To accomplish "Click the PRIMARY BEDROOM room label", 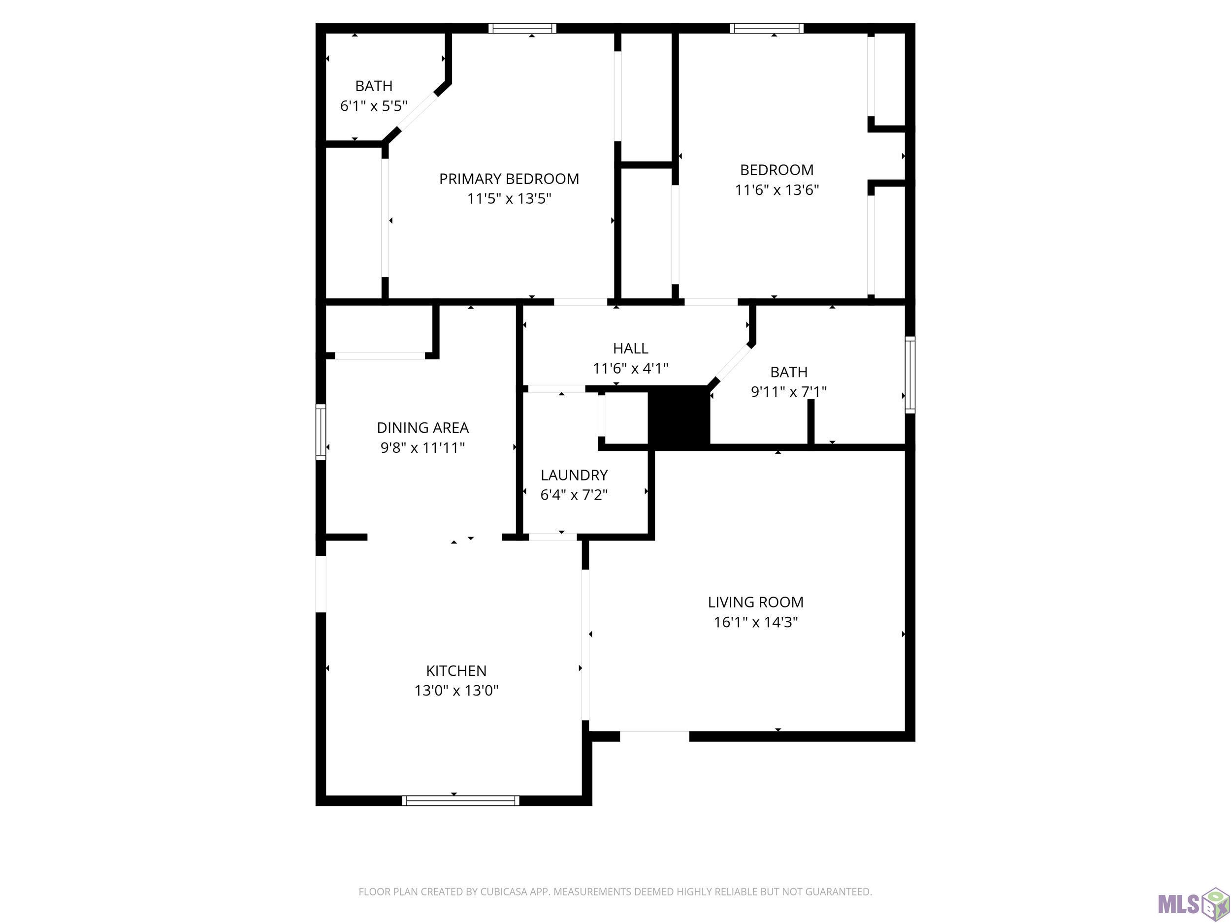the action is [x=509, y=179].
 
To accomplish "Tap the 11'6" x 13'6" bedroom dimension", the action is [x=777, y=190].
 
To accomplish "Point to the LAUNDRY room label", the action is [x=574, y=475].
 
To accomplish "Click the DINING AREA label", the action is [x=422, y=427].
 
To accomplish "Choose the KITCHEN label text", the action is [x=456, y=670].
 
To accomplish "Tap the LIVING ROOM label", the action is [x=755, y=602].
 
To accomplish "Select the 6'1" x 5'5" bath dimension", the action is [x=373, y=106].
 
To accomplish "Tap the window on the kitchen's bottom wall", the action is [x=460, y=800].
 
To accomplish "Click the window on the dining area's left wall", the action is [x=321, y=432].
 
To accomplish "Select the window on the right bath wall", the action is [x=910, y=375].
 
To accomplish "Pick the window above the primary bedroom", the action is [x=522, y=29].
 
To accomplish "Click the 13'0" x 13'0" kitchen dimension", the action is [x=456, y=691].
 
